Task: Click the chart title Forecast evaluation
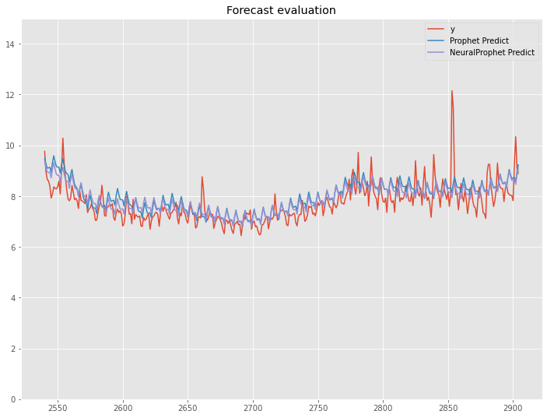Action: (x=281, y=10)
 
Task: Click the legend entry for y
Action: (x=452, y=29)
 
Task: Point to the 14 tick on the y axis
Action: (x=13, y=44)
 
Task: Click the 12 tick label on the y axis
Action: (x=13, y=95)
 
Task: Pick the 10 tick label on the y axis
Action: (x=13, y=146)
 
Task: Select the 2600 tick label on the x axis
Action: (x=123, y=408)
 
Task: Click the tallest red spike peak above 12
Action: (x=451, y=90)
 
